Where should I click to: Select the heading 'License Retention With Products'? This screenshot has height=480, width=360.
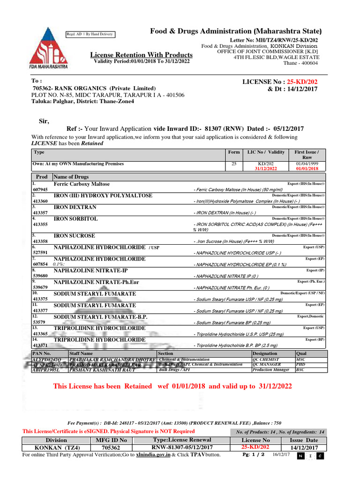click(141, 55)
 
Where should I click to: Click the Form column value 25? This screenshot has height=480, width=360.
click(234, 164)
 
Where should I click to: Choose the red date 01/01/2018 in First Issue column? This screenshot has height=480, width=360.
click(307, 169)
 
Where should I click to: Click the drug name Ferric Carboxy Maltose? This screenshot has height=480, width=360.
click(82, 184)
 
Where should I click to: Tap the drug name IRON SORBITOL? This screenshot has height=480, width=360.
click(76, 219)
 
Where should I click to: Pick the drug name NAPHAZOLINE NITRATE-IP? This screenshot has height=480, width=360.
click(90, 270)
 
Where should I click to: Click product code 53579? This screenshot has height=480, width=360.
click(38, 322)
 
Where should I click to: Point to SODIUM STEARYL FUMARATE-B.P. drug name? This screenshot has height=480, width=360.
click(100, 317)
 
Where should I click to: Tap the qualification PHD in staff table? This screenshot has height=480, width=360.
click(300, 364)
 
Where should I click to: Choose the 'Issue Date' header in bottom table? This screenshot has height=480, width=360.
click(303, 441)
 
